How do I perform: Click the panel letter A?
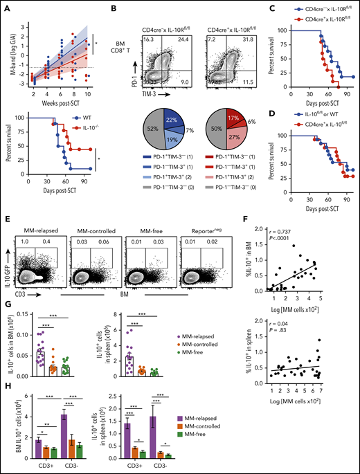[6, 6]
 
